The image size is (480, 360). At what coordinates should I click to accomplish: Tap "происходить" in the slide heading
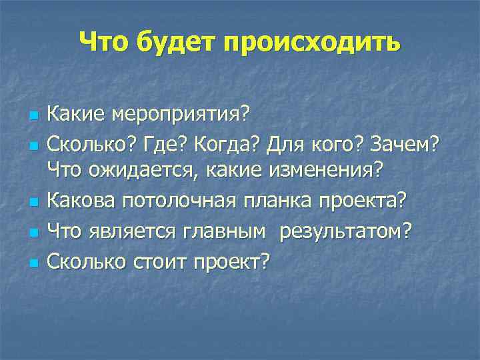pos(313,43)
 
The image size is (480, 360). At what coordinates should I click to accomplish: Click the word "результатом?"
pos(346,231)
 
